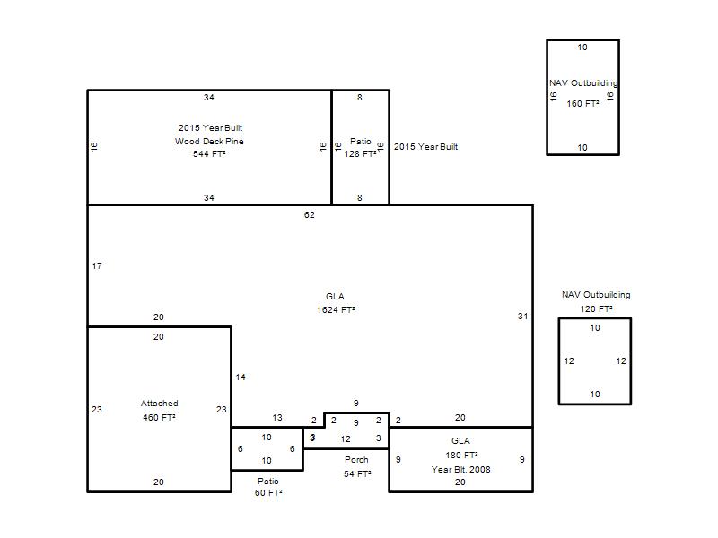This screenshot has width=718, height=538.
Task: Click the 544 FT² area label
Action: pyautogui.click(x=209, y=153)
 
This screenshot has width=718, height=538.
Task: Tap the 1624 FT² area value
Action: pyautogui.click(x=336, y=309)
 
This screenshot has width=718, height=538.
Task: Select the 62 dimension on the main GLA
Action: pyautogui.click(x=310, y=214)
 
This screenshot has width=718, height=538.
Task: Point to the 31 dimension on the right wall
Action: pyautogui.click(x=523, y=317)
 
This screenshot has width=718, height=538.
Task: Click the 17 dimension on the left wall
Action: pyautogui.click(x=97, y=265)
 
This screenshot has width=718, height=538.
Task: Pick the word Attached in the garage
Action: pyautogui.click(x=160, y=403)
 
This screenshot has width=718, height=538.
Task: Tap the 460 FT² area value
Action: pyautogui.click(x=159, y=417)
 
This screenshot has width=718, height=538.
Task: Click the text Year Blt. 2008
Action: pyautogui.click(x=460, y=469)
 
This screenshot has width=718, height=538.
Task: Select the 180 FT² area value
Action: pyautogui.click(x=461, y=456)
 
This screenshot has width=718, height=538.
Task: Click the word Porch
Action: pyautogui.click(x=356, y=459)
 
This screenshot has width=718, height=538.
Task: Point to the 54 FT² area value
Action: pyautogui.click(x=357, y=474)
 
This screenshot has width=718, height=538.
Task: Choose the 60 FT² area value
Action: pyautogui.click(x=268, y=492)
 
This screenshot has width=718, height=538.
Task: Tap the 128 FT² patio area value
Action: pyautogui.click(x=361, y=153)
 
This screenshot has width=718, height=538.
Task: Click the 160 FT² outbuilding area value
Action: pyautogui.click(x=582, y=104)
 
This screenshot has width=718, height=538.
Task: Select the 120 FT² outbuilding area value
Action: pyautogui.click(x=596, y=308)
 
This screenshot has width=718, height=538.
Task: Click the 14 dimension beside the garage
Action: pyautogui.click(x=241, y=377)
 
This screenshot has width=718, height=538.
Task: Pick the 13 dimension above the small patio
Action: pyautogui.click(x=277, y=417)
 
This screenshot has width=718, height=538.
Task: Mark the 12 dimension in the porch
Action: pyautogui.click(x=346, y=439)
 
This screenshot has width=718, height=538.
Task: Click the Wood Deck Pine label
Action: pyautogui.click(x=209, y=141)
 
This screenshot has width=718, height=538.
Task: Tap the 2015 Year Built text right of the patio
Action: pyautogui.click(x=425, y=146)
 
